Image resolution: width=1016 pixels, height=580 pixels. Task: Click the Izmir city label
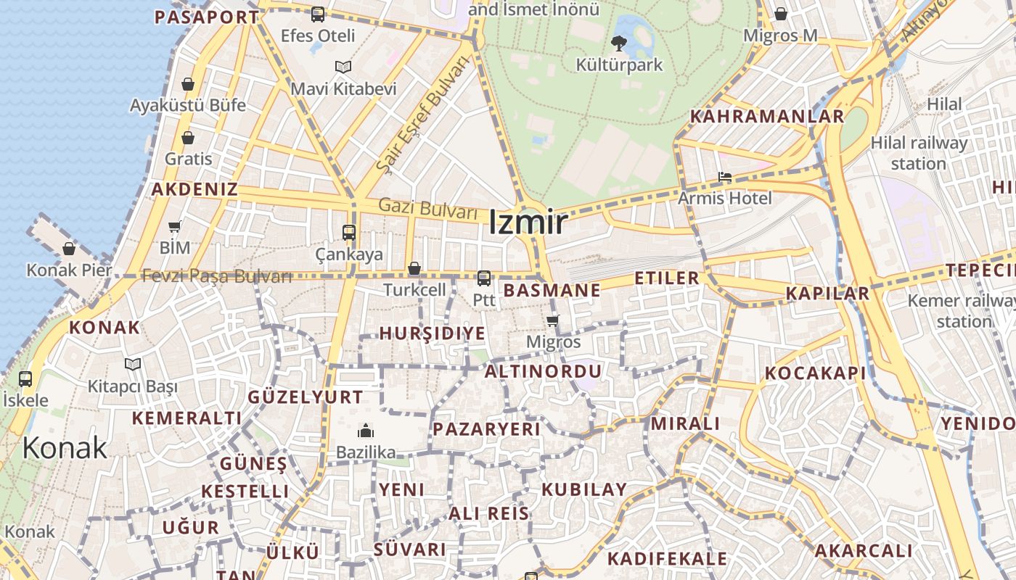click(x=528, y=222)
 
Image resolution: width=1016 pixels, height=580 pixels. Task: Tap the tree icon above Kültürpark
click(x=619, y=43)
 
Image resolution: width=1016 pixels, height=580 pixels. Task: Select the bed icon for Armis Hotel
click(x=724, y=177)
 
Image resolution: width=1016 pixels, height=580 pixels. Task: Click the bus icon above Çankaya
click(x=349, y=233)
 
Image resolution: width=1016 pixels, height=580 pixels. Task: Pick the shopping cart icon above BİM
click(x=175, y=227)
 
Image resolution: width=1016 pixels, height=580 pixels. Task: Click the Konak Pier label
click(x=69, y=270)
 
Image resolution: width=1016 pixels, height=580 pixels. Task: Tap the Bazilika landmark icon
click(x=366, y=431)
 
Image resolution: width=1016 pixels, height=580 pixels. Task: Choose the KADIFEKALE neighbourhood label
click(x=667, y=558)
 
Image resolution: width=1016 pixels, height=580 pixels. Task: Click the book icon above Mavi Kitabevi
click(x=343, y=67)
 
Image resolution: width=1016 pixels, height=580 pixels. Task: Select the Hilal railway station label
click(x=919, y=153)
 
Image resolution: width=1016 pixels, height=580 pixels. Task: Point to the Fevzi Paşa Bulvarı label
click(x=217, y=276)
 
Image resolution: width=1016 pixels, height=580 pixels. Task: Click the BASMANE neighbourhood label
click(x=552, y=291)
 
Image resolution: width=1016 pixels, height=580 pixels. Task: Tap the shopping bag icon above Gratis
click(x=188, y=138)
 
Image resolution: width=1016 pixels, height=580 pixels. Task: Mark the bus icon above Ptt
click(x=484, y=278)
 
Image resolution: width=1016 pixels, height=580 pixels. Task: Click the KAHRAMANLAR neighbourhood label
click(x=767, y=117)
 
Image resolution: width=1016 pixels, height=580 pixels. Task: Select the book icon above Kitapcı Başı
click(x=132, y=364)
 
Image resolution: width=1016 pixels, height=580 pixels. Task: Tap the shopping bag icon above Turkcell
click(x=414, y=269)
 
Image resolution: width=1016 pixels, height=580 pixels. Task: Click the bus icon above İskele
click(x=25, y=378)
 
